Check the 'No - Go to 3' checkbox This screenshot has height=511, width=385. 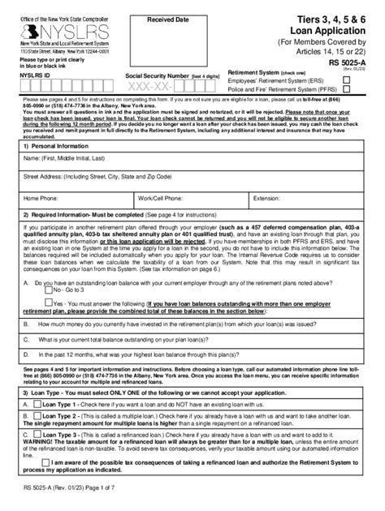pyautogui.click(x=48, y=289)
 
